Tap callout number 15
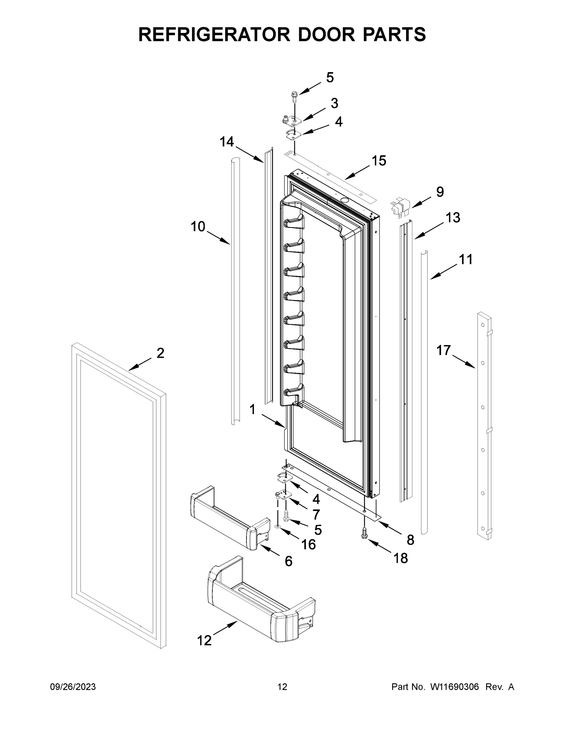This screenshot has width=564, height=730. pyautogui.click(x=379, y=161)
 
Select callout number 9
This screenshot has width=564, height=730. pyautogui.click(x=440, y=192)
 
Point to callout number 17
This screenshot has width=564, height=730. pyautogui.click(x=443, y=351)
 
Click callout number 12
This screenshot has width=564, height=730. pyautogui.click(x=204, y=640)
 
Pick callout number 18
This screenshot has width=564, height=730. pyautogui.click(x=401, y=558)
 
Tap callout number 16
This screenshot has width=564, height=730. pyautogui.click(x=308, y=544)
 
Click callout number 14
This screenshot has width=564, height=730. pyautogui.click(x=227, y=142)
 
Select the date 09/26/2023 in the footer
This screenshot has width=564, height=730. pyautogui.click(x=73, y=687)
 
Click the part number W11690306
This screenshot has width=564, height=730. pyautogui.click(x=455, y=687)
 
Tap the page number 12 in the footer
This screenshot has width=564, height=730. pyautogui.click(x=282, y=687)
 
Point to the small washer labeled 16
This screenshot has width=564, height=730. pyautogui.click(x=278, y=527)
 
